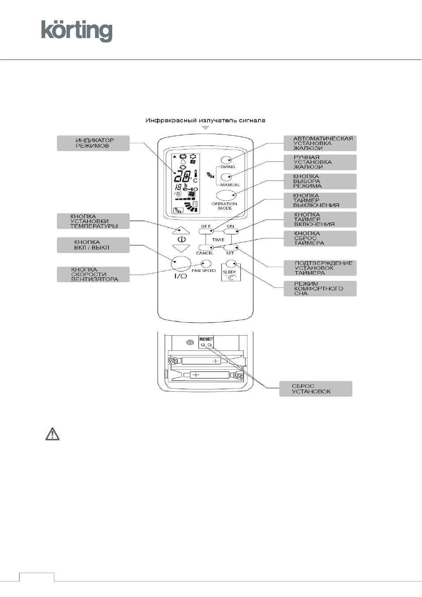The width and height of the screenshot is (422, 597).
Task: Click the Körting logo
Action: (x=77, y=31)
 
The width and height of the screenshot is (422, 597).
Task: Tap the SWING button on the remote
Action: (x=226, y=160)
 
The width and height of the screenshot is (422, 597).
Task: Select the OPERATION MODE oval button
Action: (x=226, y=195)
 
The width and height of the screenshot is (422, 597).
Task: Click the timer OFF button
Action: (x=206, y=231)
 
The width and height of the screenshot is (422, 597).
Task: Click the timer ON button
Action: (x=231, y=231)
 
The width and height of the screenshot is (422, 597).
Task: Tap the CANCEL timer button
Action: (x=206, y=248)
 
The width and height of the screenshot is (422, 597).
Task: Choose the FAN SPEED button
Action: (x=206, y=264)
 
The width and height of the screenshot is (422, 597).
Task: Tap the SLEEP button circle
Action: (x=231, y=264)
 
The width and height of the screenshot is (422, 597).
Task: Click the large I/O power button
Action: (x=181, y=264)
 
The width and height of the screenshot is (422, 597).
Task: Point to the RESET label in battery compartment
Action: (x=206, y=339)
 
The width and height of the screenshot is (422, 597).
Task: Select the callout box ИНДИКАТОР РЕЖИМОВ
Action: (x=93, y=143)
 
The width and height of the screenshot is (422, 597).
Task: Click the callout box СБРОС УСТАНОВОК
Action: (x=316, y=389)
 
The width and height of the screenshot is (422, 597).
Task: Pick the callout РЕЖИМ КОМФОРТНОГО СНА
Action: (x=320, y=288)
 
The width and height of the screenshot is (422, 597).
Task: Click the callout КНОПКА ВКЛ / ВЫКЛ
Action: (x=93, y=245)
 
